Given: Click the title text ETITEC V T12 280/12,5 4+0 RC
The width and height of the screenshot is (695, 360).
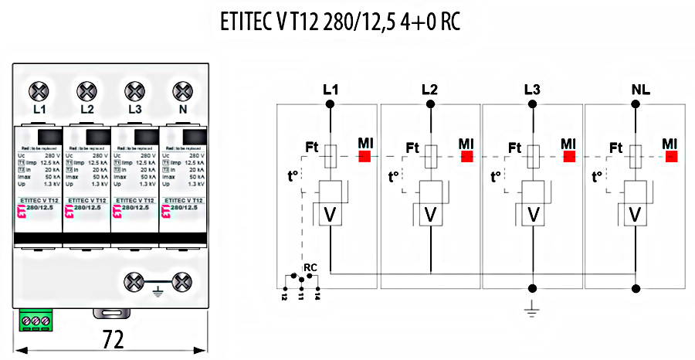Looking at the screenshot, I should coord(340,22).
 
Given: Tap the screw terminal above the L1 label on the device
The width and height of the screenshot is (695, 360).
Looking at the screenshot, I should coord(39,91).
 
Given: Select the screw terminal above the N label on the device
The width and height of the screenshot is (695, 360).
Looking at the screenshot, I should coord(182,91).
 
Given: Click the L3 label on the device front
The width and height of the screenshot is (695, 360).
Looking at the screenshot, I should coord(134,110).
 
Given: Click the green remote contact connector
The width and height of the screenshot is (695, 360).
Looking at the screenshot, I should coord(35,319).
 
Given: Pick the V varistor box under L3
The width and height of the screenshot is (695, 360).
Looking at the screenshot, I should coord(532,214).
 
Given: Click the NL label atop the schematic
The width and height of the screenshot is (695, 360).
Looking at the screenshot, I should coord(640,90).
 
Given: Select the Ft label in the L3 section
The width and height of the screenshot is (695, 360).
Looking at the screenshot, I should coord(514,147).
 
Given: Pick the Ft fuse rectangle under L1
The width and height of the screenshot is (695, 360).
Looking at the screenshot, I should coord(331,156).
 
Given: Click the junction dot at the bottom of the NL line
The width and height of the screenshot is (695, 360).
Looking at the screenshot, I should coord(634,288).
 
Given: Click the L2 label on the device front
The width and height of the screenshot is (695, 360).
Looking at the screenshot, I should coord(86,110).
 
